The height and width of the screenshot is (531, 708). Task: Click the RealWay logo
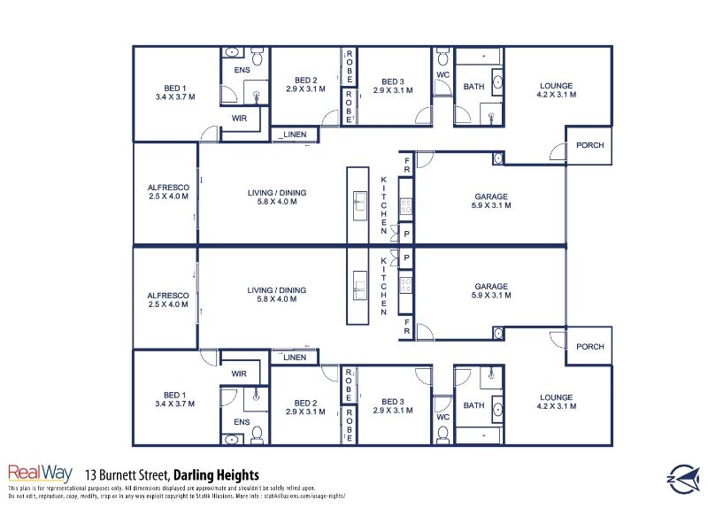pos(40,473)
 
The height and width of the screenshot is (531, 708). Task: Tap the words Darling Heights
pos(216,475)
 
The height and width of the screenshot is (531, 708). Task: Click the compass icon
pos(684,479)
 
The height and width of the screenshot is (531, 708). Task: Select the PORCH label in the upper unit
pos(589,145)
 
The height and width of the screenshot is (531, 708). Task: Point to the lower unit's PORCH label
pos(589,346)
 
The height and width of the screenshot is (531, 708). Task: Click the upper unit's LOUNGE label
pos(557,85)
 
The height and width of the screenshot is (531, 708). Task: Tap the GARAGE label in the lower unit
pos(491,286)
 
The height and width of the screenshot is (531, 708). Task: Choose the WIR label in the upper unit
pos(239,119)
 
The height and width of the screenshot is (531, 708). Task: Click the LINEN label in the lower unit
pos(295,358)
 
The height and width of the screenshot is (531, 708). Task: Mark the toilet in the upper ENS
pos(258,57)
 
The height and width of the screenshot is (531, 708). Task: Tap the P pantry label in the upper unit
pos(406,234)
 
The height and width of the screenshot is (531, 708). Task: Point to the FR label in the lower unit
pos(407,327)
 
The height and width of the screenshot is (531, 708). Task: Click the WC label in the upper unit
pos(443,74)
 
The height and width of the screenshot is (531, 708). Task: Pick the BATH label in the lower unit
pos(473,405)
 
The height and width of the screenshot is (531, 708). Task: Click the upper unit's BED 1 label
pos(174,88)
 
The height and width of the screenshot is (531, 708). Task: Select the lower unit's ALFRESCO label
pos(168,296)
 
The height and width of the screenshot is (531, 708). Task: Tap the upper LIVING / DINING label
pos(277,193)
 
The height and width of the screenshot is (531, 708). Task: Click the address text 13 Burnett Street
pos(127,475)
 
